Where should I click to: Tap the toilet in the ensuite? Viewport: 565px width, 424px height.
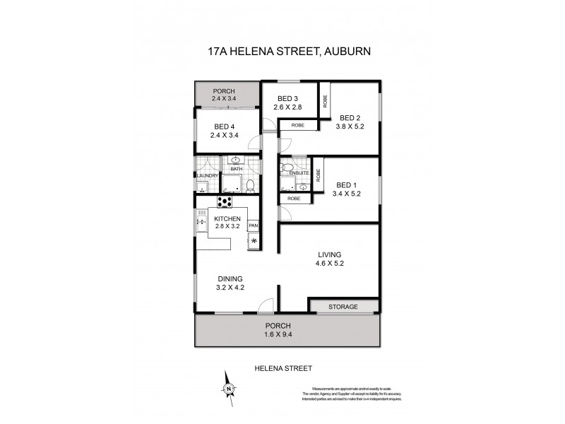[x=284, y=169]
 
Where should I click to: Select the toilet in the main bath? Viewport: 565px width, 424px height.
[x=249, y=185]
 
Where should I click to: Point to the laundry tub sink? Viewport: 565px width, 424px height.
[x=201, y=189]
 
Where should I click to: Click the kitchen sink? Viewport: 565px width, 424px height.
[x=200, y=224]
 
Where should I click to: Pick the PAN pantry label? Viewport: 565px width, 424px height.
[x=253, y=225]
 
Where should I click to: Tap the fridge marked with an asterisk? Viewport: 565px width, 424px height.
[x=254, y=242]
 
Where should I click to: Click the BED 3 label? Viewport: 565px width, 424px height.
[x=287, y=98]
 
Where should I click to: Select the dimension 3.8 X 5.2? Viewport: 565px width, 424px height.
[x=350, y=127]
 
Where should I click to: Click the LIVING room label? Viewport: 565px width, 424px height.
[x=329, y=254]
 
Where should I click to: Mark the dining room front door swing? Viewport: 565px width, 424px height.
[x=265, y=305]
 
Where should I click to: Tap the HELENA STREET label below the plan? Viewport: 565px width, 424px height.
[x=282, y=368]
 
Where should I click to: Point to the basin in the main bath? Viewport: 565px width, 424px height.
[x=236, y=160]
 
